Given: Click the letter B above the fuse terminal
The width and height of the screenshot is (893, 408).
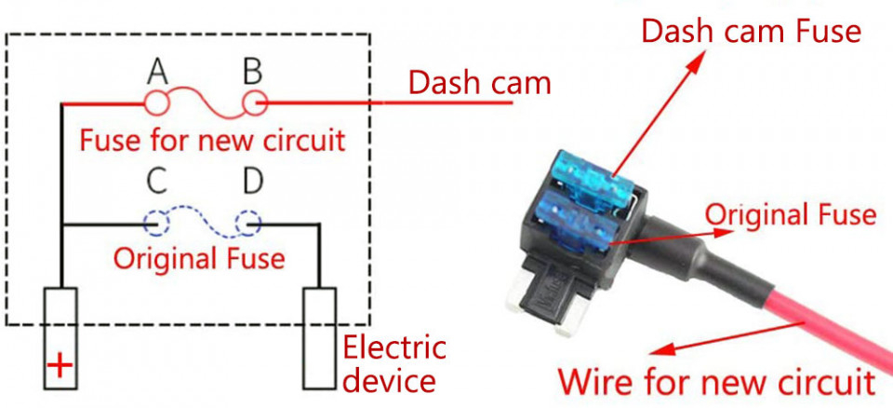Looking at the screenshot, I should coord(252,71).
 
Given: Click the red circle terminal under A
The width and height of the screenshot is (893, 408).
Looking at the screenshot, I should coord(155,102).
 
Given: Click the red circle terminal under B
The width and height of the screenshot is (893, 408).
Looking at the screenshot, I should coord(254,102).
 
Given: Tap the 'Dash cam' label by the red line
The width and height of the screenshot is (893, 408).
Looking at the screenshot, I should coord(479,84).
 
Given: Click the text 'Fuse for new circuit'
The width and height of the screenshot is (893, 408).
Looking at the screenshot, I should coord(212,141).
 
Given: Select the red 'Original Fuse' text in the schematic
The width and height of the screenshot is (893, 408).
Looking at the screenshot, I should coord(199,257).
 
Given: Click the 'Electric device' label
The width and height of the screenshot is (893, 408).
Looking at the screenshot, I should coord(393,364).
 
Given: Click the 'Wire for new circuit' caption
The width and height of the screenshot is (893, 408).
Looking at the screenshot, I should coord(716,382).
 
